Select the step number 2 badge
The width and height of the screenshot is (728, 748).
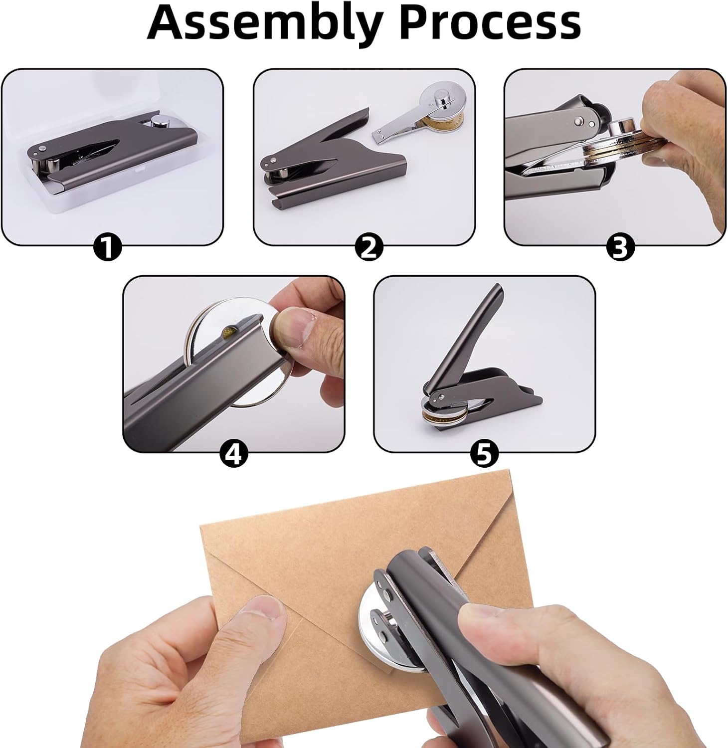point(369,247)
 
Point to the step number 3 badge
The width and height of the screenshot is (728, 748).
point(620,247)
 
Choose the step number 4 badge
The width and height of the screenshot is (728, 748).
point(234,454)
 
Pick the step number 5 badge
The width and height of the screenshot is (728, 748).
point(484,454)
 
